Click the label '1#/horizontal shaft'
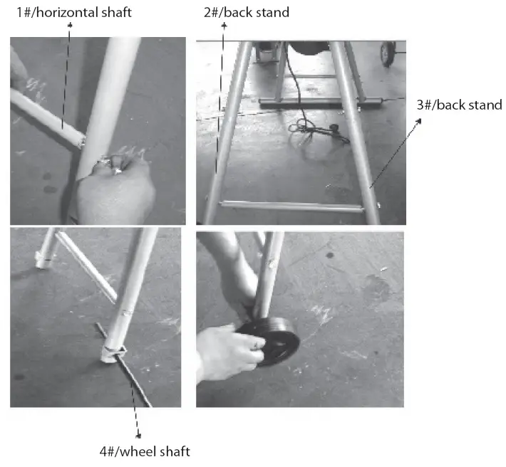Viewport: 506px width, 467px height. [x=74, y=13]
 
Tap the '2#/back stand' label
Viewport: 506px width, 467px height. [x=247, y=13]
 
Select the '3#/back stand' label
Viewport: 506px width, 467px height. [x=460, y=105]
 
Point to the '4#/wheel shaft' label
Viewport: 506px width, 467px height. [x=145, y=451]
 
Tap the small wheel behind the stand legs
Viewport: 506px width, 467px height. [x=388, y=53]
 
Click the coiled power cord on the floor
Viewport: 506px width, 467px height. [x=318, y=129]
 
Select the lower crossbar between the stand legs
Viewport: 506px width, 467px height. [x=292, y=206]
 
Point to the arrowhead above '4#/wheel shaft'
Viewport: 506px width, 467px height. [x=138, y=436]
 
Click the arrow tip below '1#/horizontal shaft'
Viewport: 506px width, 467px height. [x=70, y=25]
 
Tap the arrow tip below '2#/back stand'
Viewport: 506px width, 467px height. [x=224, y=26]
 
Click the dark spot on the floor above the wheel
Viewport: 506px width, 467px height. [x=329, y=256]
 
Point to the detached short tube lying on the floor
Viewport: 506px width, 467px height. [x=87, y=268]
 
